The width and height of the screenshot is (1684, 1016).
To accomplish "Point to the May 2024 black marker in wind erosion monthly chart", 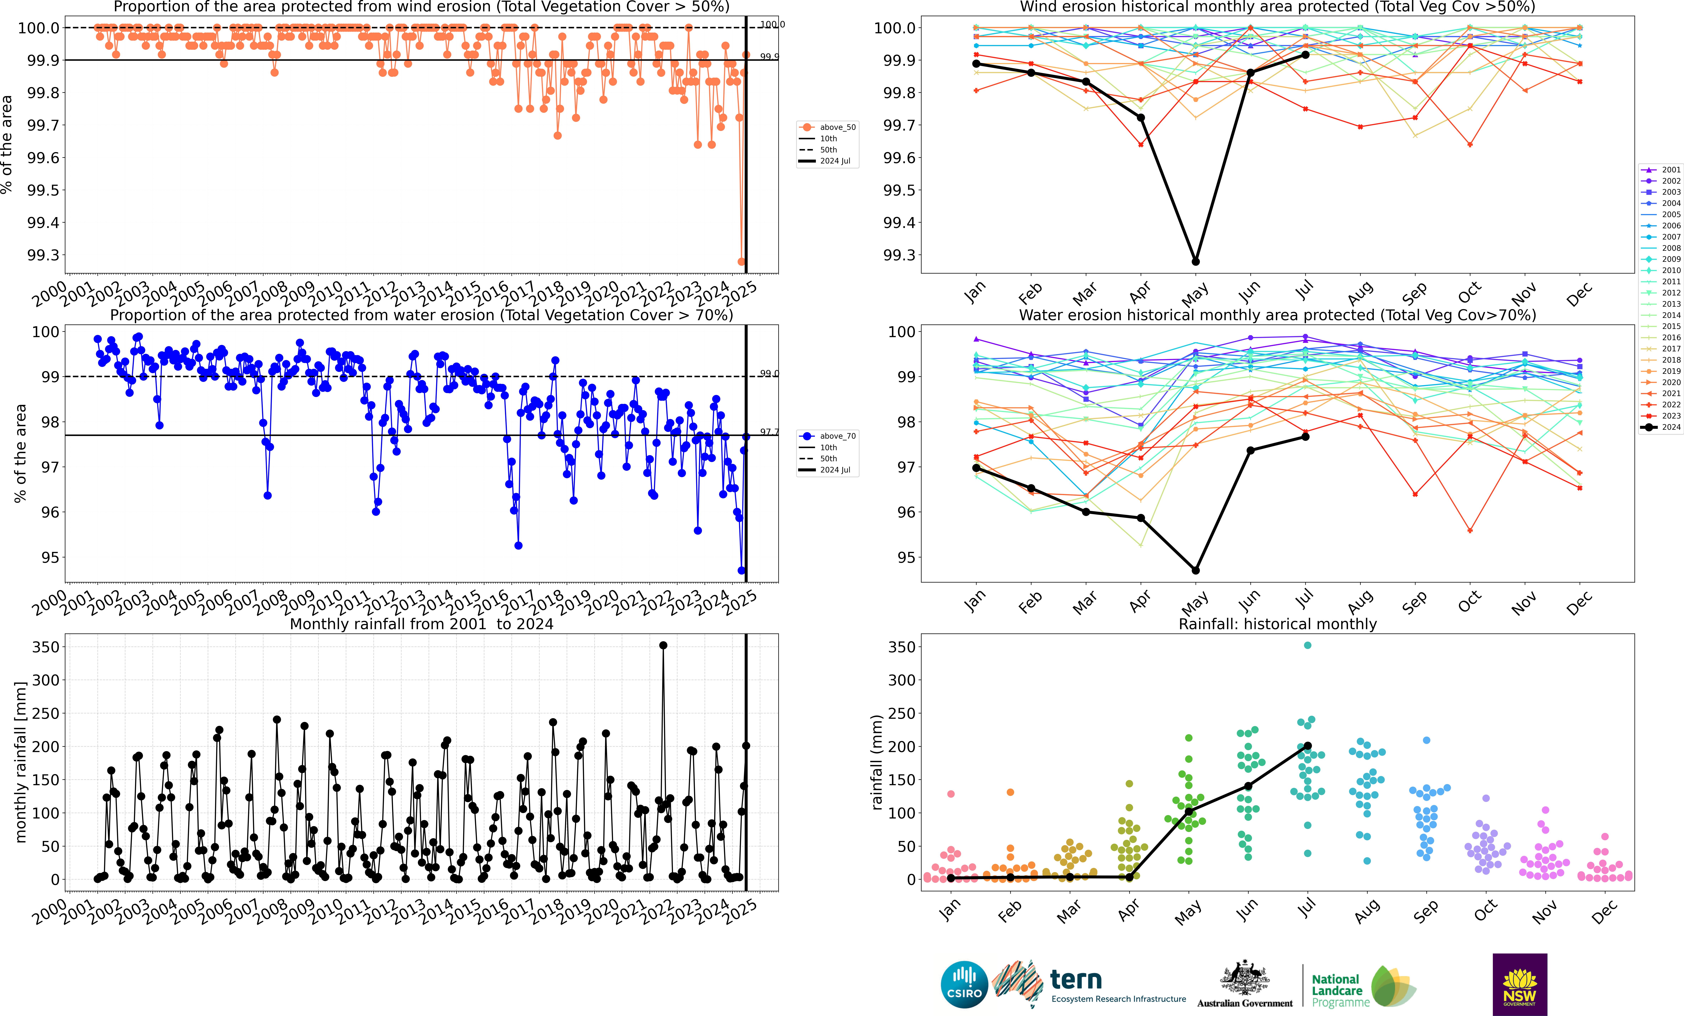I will (x=1195, y=262).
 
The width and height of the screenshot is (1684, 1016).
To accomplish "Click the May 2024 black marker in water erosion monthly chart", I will (x=1195, y=571).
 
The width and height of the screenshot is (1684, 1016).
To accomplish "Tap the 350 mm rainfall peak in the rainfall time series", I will (x=663, y=645).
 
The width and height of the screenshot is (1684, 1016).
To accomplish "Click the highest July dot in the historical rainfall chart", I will (x=1307, y=645).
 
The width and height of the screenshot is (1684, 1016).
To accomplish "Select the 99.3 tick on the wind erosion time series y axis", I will (x=42, y=255).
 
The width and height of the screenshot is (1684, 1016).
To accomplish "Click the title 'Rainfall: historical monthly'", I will (x=1277, y=624).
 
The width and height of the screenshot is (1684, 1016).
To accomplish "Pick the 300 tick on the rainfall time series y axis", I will (x=46, y=680).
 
